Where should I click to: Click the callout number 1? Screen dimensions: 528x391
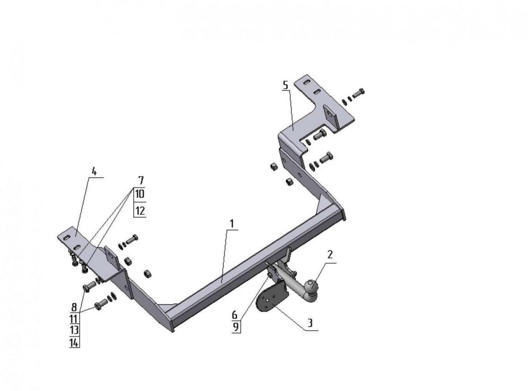[231, 224]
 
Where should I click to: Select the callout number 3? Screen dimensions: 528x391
[310, 323]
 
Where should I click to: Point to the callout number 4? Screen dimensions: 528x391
[94, 171]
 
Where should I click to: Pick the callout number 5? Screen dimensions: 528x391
[285, 85]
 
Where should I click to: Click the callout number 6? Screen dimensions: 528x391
[235, 315]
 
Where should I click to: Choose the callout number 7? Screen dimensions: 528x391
[141, 180]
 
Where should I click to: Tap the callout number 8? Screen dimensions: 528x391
[74, 307]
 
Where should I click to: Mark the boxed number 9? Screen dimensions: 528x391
[235, 327]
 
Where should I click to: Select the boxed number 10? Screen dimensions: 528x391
[140, 194]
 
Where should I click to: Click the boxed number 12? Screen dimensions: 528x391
[140, 211]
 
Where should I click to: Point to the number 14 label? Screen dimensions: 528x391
[74, 343]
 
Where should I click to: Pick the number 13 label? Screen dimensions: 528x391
[74, 330]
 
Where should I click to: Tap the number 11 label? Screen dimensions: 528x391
[74, 319]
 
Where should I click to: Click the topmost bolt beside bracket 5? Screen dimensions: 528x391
[358, 93]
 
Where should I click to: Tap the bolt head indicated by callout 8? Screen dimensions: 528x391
[86, 287]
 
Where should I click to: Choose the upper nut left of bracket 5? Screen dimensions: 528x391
[274, 167]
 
